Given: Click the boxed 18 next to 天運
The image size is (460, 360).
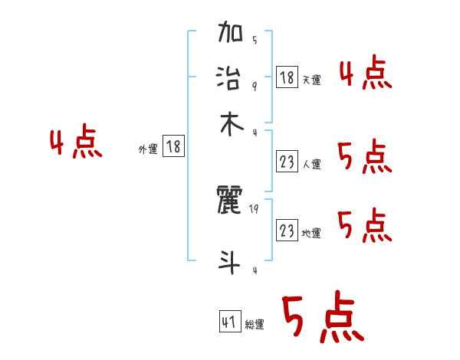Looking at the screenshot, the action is [287, 77].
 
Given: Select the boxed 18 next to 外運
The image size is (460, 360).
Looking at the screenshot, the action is [174, 146].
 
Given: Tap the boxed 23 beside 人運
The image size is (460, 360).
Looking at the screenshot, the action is [287, 162].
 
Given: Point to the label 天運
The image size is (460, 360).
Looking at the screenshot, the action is [311, 80].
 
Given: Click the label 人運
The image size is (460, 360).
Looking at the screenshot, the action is [311, 164].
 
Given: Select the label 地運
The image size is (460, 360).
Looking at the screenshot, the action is [311, 233].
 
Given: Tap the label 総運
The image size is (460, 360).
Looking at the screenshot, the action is [255, 325].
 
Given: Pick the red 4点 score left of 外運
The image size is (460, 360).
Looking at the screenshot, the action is [76, 143].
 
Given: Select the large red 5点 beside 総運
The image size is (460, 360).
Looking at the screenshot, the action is [321, 318].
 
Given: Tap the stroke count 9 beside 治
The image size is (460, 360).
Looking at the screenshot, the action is [255, 86].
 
